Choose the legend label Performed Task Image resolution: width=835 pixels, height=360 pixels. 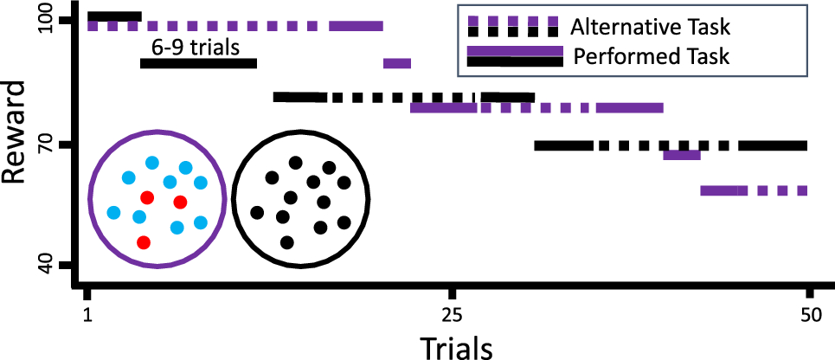pos(652,57)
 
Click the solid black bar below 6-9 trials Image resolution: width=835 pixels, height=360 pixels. pos(198,63)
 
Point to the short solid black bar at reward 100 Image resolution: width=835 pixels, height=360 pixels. pos(114,16)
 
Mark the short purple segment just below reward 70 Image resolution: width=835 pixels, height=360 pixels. pos(681,155)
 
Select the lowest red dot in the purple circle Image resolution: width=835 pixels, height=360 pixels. pos(144,242)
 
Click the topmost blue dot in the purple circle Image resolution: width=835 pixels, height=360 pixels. pos(152,162)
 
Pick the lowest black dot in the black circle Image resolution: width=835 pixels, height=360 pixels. pos(287,242)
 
